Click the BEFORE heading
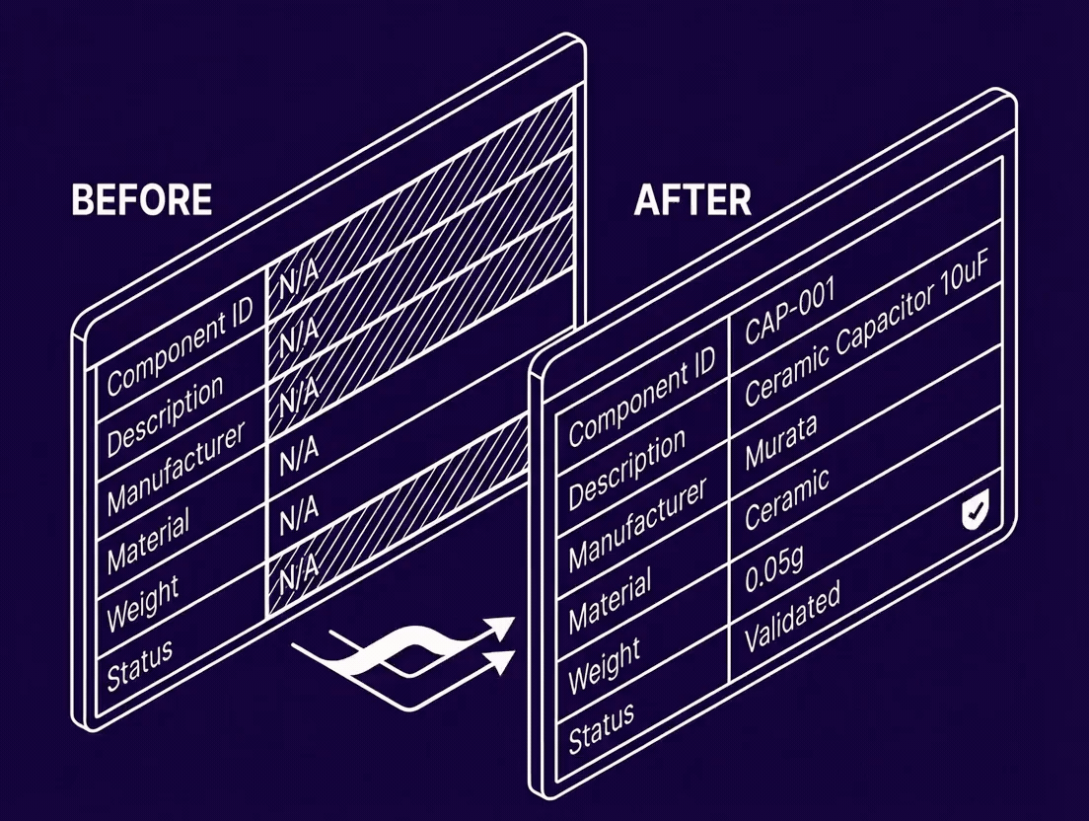[x=142, y=199]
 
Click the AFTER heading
[x=692, y=199]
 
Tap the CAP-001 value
[x=790, y=305]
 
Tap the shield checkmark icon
[x=976, y=512]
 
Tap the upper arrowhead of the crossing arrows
[x=503, y=628]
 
